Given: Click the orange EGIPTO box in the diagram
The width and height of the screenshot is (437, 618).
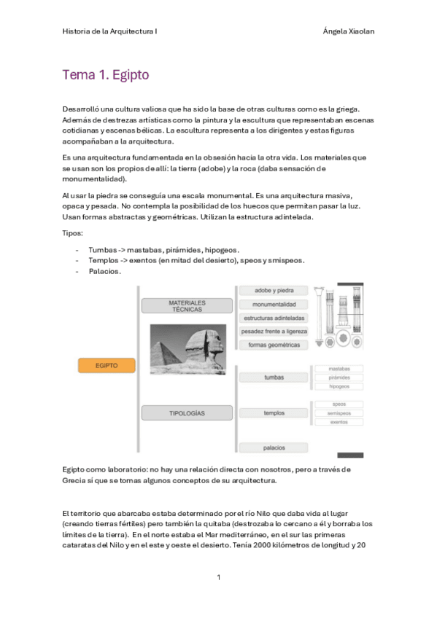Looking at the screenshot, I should (107, 365).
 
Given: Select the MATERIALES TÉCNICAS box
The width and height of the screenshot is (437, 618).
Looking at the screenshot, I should (187, 305).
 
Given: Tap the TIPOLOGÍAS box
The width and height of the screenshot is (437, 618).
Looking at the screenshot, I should (187, 413).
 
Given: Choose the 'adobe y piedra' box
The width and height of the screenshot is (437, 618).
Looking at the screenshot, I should (274, 290).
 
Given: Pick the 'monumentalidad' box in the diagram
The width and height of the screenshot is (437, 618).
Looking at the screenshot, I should (274, 304).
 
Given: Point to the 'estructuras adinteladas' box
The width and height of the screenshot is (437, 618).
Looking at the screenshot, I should (274, 318).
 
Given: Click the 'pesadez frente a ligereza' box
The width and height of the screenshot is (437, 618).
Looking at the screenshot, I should (274, 332).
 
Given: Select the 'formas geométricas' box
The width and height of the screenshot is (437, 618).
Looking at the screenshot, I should (274, 345).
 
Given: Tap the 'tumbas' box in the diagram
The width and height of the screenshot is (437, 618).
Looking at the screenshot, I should (274, 378).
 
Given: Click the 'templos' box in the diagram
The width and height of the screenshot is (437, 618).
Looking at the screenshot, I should (274, 413).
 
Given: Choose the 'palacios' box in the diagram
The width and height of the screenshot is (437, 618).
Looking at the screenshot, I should (274, 447).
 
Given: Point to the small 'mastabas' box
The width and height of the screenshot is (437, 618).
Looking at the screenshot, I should (339, 369).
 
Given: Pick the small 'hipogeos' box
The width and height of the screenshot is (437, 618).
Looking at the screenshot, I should (339, 387).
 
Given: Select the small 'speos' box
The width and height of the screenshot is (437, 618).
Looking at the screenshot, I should (339, 404).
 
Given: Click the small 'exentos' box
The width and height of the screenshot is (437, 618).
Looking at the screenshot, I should (339, 422).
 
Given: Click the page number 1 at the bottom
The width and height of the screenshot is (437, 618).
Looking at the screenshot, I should (218, 577).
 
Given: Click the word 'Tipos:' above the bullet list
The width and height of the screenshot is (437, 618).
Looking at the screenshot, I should (73, 233).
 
